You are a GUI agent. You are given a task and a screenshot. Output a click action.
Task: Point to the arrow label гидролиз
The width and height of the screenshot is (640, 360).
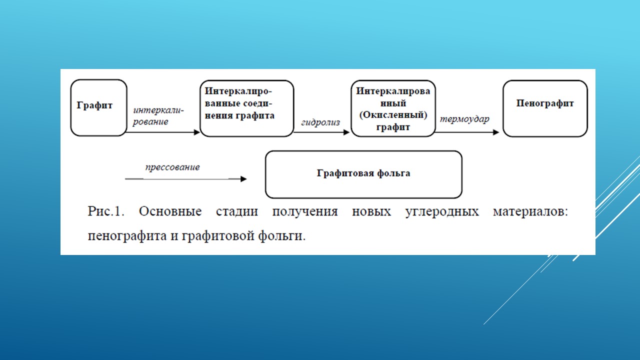(320, 122)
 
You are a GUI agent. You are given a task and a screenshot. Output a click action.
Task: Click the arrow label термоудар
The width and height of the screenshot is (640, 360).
(464, 119)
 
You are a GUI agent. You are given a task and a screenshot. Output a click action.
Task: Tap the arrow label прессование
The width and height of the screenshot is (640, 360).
(172, 167)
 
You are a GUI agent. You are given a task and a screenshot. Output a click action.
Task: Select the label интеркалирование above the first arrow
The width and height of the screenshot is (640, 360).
(158, 116)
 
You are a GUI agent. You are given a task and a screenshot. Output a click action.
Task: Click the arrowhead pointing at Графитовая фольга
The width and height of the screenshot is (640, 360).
(243, 179)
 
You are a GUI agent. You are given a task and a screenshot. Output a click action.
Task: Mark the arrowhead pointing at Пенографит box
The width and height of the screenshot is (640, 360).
(496, 132)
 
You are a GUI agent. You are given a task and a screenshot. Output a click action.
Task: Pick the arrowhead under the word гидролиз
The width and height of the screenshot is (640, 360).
(346, 132)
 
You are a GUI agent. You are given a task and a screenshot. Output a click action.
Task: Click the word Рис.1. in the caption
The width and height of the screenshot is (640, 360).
(106, 211)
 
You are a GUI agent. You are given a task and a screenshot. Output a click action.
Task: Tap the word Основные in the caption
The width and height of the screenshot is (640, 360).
(170, 211)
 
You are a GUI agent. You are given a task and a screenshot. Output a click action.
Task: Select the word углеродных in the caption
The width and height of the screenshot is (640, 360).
(442, 212)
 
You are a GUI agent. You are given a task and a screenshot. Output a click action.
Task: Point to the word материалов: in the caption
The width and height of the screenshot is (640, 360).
(530, 211)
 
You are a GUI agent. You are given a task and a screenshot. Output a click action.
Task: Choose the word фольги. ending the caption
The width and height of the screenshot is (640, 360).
(281, 236)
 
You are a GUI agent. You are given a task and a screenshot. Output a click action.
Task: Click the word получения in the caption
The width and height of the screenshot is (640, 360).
(305, 212)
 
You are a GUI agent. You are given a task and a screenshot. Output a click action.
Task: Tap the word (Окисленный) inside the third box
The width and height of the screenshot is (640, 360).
(393, 115)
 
